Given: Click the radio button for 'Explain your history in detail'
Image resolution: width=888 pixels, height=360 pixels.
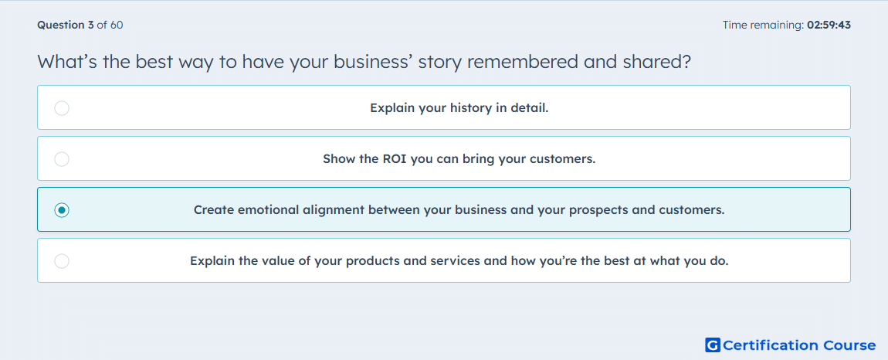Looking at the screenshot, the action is click(x=62, y=107).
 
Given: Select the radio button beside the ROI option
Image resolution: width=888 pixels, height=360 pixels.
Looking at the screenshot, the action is click(x=62, y=159).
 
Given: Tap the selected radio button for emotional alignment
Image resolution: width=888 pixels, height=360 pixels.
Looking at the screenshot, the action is click(x=62, y=210).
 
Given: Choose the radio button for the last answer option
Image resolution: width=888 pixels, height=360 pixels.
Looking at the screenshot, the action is click(x=62, y=261).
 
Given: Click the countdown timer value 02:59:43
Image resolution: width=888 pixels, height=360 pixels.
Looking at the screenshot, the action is click(x=829, y=25).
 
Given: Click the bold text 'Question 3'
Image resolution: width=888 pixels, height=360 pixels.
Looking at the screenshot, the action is click(x=66, y=25).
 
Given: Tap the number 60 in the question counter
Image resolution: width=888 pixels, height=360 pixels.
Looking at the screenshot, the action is click(x=117, y=25).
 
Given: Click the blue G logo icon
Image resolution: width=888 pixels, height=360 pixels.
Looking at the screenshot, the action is click(x=713, y=345).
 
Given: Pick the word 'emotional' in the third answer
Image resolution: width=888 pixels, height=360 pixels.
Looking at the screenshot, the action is click(x=265, y=210).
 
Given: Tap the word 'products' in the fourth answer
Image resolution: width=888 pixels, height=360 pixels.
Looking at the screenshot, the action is click(x=371, y=261).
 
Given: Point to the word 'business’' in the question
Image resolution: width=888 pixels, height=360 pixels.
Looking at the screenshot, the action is click(x=374, y=61).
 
